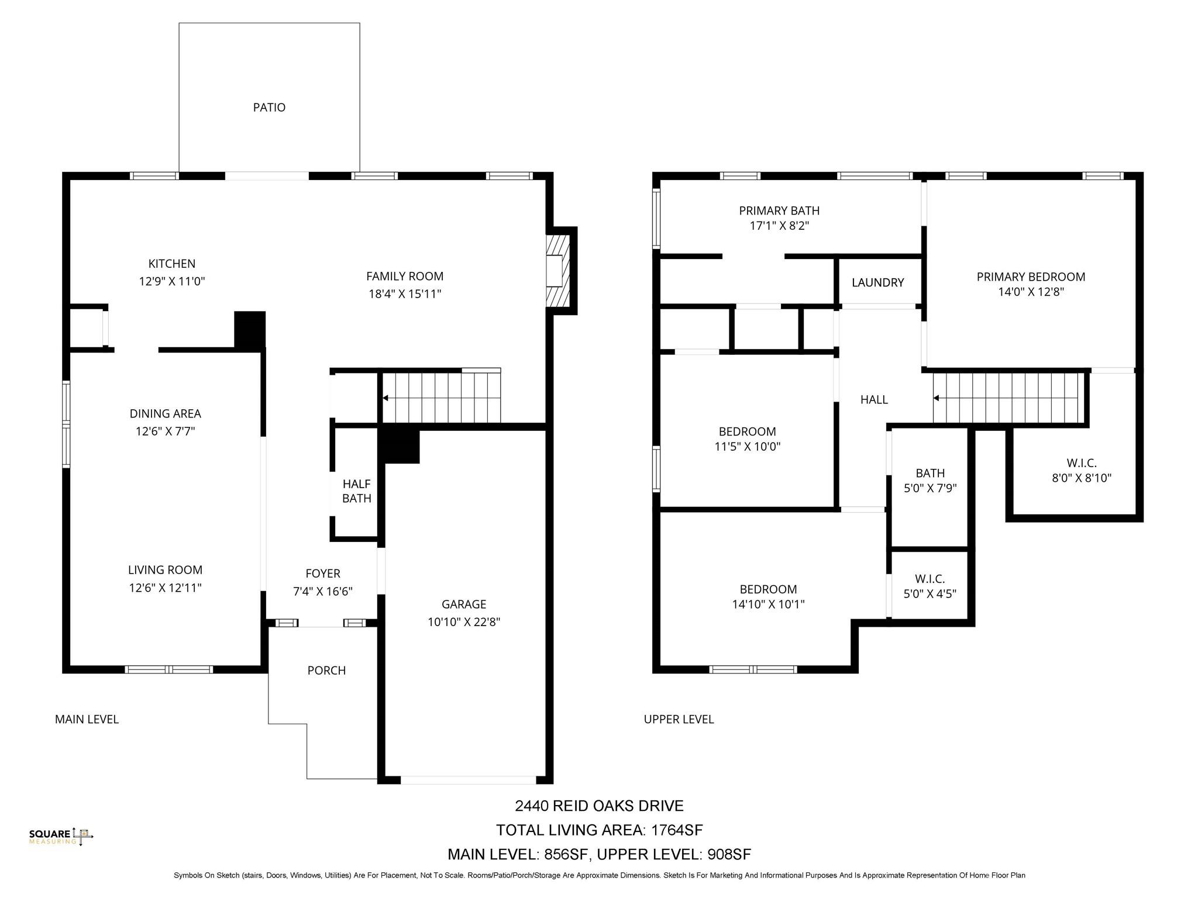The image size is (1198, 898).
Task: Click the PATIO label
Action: pos(269,108)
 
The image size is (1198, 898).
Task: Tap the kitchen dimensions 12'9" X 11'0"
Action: pos(172,281)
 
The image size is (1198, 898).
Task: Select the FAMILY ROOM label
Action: pos(404,276)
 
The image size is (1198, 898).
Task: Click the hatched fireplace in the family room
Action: pos(557,271)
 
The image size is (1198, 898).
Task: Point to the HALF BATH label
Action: pos(356,491)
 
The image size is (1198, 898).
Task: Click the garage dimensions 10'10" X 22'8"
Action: pos(463,622)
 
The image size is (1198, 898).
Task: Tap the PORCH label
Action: pos(326,671)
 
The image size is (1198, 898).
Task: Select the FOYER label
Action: pos(322,574)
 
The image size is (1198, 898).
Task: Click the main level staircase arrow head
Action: pos(385,398)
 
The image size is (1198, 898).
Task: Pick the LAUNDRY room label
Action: pos(877,283)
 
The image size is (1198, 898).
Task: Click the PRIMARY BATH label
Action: pos(779,210)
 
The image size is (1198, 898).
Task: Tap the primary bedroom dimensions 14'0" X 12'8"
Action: pos(1031,292)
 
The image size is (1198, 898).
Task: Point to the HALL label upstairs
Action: pos(874,399)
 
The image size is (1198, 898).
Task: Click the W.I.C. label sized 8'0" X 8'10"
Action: pos(1081,462)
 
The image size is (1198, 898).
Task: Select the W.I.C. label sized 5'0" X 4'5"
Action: pos(930,579)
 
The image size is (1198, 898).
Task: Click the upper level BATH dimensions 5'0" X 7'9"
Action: pos(930,488)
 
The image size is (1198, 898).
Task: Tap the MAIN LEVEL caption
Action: pos(87,719)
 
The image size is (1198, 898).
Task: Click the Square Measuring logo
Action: pos(61,837)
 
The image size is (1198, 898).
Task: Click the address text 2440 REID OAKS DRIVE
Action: pos(599,806)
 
